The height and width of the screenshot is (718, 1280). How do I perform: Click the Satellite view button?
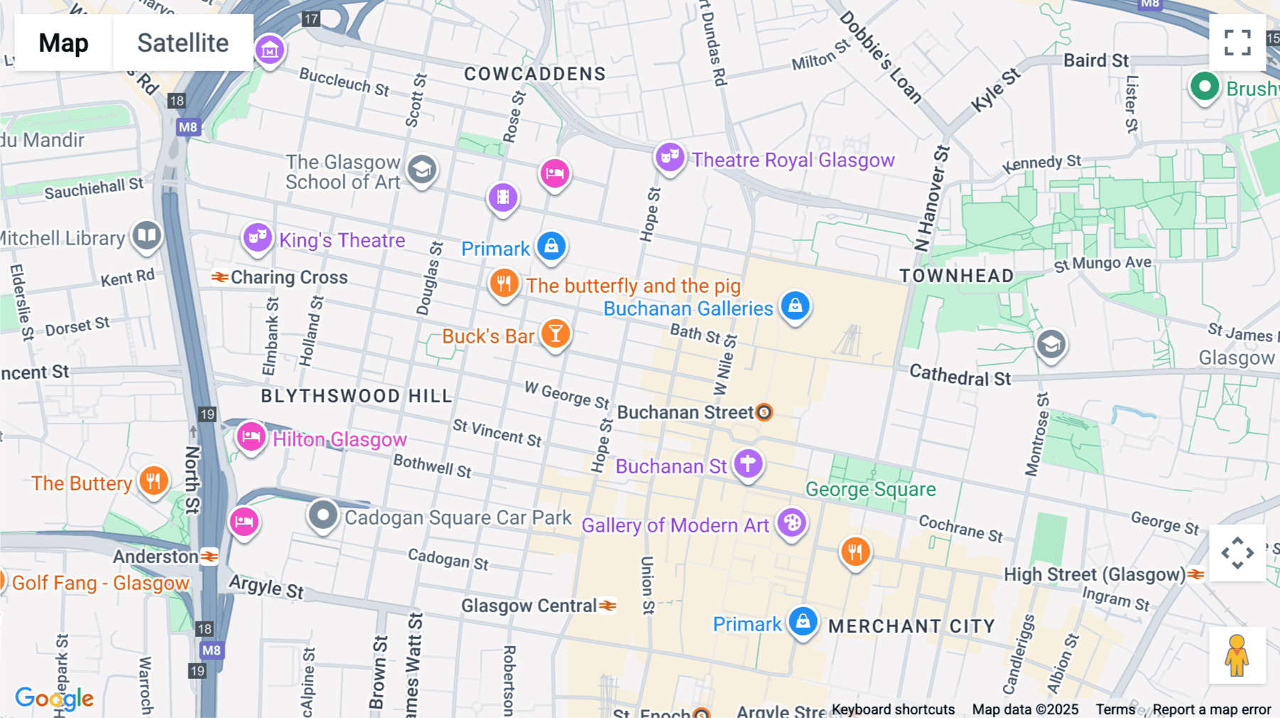click(x=183, y=43)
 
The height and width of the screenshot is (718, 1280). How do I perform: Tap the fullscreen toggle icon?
click(x=1237, y=43)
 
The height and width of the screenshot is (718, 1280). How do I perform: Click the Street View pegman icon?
click(x=1237, y=655)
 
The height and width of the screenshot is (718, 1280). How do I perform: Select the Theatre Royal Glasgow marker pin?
click(x=670, y=157)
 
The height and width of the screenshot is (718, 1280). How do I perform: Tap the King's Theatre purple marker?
click(x=257, y=237)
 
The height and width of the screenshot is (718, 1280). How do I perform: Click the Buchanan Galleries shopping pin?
click(x=795, y=306)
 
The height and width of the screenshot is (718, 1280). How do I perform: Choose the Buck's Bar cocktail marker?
click(x=555, y=333)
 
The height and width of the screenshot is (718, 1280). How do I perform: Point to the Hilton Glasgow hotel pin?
click(x=251, y=437)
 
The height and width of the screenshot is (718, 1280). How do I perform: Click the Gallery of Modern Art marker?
click(x=791, y=524)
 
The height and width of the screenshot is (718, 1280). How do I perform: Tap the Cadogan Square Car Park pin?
click(x=323, y=515)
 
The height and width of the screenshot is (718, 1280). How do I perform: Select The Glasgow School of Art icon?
click(x=422, y=170)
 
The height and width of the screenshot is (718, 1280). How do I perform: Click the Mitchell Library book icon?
click(x=147, y=235)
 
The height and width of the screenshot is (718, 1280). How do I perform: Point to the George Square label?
click(x=870, y=489)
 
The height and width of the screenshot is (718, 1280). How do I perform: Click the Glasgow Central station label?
click(x=529, y=606)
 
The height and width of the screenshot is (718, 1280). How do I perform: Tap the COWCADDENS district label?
click(x=535, y=74)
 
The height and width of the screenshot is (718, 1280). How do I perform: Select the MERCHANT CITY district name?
click(x=912, y=626)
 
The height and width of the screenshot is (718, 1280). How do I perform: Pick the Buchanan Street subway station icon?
click(x=764, y=412)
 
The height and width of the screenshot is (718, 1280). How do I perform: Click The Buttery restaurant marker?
click(x=154, y=481)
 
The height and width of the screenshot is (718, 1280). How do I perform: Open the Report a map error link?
click(x=1212, y=709)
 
